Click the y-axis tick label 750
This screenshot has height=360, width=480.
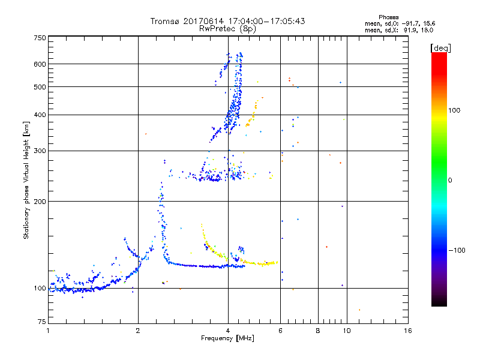[x=40, y=37]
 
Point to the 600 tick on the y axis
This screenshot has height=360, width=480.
[x=40, y=64]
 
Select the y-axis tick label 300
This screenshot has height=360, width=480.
[x=40, y=151]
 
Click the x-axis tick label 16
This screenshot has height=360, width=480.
[x=408, y=331]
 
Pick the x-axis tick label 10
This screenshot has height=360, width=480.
[x=346, y=331]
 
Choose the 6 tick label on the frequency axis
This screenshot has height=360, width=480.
[x=280, y=331]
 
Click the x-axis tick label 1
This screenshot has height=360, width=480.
[x=48, y=331]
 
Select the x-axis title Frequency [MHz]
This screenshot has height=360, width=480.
[x=228, y=339]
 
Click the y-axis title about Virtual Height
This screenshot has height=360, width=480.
[x=26, y=180]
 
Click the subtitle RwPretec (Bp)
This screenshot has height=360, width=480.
[x=227, y=28]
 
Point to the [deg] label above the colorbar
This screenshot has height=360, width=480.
[x=441, y=47]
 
